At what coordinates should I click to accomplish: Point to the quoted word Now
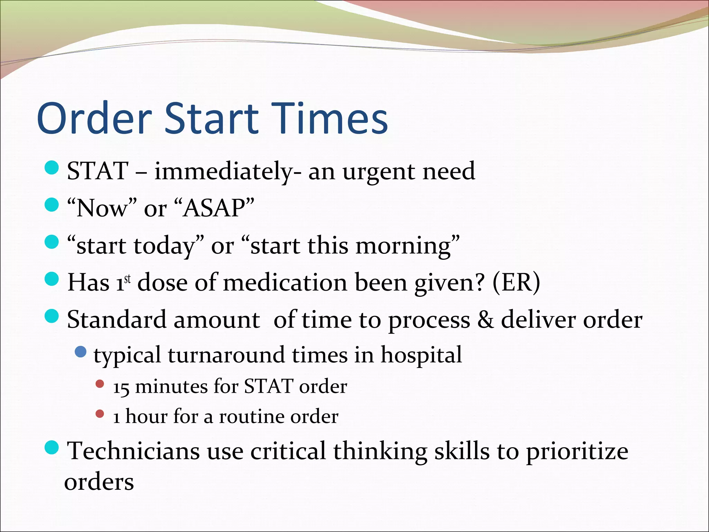click(102, 209)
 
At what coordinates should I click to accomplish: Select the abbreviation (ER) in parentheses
click(516, 283)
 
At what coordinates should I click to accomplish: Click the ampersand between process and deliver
click(485, 319)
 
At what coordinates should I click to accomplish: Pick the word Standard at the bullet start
click(116, 319)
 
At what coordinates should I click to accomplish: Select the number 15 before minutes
click(121, 387)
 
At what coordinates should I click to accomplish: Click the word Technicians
click(133, 451)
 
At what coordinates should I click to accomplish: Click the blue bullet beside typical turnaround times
click(81, 352)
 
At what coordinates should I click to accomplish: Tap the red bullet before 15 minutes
click(100, 384)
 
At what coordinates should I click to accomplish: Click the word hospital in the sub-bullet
click(421, 355)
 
